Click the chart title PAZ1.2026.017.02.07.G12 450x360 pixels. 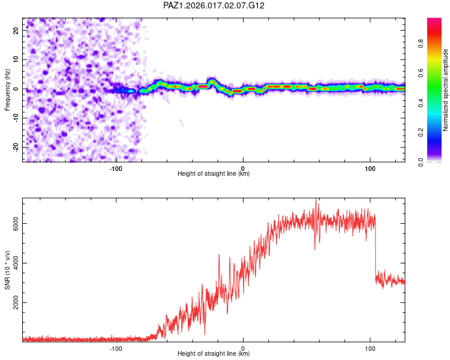pos(214,5)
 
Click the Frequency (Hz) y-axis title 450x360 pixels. pos(7,89)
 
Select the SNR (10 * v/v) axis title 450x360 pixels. pos(7,269)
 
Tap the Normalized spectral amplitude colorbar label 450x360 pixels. pos(446,90)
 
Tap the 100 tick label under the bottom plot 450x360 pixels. pos(370,348)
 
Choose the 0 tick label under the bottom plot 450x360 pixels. pos(243,348)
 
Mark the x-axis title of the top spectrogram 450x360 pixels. pos(214,174)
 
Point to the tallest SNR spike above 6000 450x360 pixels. pos(317,200)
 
